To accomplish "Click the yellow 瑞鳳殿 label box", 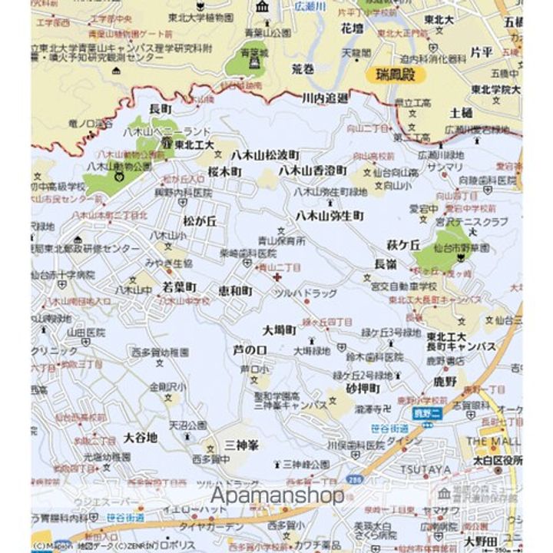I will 395,75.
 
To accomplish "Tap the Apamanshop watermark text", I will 277,495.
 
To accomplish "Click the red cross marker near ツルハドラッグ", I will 276,276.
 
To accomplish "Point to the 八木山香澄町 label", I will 312,170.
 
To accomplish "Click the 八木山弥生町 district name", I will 329,216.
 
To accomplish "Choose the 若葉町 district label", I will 180,287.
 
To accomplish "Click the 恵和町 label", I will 235,291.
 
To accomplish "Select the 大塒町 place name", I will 280,330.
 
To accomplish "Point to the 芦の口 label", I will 250,350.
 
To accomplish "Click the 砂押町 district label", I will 363,389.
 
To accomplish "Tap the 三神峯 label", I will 241,445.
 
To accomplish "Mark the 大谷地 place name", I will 140,438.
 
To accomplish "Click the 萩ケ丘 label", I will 402,245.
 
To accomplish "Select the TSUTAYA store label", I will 425,470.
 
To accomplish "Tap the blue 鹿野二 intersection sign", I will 424,415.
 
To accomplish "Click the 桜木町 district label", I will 224,171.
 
